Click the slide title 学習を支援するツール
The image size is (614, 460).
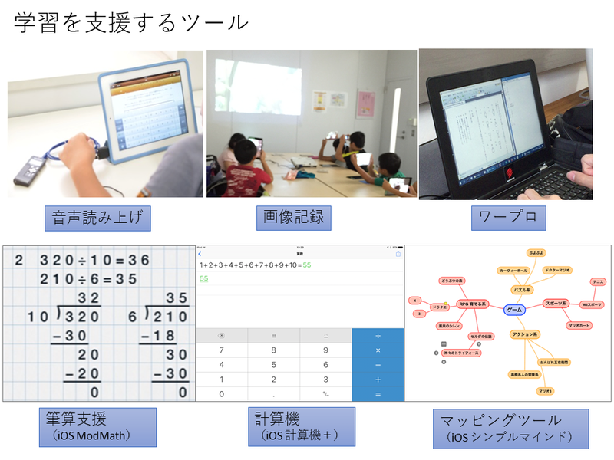(131, 22)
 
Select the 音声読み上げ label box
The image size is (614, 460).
(96, 218)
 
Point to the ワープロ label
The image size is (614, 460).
(508, 217)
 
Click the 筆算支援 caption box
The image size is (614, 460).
(97, 427)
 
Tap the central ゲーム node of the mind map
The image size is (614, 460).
(515, 310)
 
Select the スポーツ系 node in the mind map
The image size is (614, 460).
(555, 304)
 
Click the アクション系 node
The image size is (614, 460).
(525, 334)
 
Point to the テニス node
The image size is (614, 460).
(599, 282)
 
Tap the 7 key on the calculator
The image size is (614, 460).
(222, 350)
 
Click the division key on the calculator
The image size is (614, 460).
(378, 336)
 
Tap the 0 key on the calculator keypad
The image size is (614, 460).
(222, 393)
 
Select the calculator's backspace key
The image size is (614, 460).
(222, 336)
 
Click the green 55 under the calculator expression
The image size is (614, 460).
(204, 278)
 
